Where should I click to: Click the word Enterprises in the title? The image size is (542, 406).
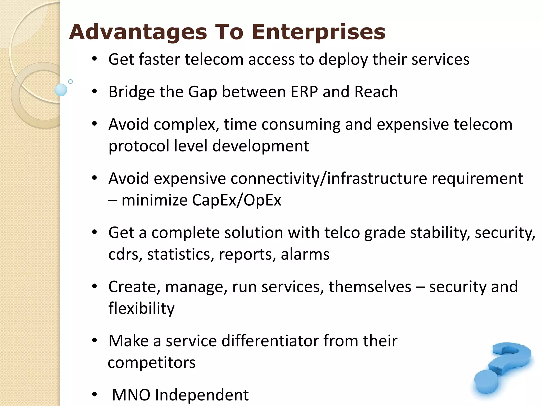[318, 32]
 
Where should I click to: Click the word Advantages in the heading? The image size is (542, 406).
[138, 32]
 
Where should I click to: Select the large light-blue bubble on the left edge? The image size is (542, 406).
[61, 90]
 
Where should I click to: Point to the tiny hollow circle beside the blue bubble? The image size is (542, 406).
[70, 81]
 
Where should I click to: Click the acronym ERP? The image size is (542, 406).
[304, 92]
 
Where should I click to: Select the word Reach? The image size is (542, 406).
[376, 92]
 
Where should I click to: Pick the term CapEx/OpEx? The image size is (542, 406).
[236, 200]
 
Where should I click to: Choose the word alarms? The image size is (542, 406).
[305, 254]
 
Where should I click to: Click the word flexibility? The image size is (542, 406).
[141, 308]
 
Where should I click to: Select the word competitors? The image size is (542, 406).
[152, 362]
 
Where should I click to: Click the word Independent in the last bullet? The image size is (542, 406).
[202, 395]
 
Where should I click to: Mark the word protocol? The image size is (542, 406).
[139, 146]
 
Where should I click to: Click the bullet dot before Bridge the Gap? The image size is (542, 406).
[94, 92]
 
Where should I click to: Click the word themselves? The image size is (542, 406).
[370, 287]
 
